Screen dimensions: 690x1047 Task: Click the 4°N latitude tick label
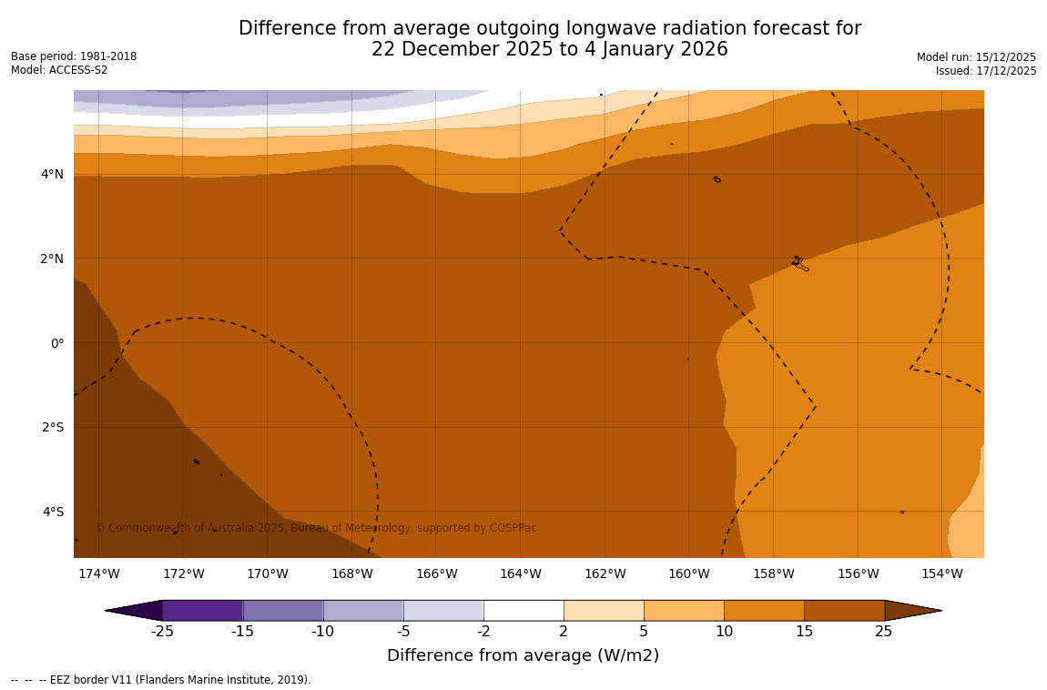pos(53,174)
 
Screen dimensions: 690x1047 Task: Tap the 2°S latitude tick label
pos(53,427)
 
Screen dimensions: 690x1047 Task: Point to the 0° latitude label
pos(56,343)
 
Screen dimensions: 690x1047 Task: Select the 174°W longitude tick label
pos(98,573)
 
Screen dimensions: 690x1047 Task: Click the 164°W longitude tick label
pos(520,573)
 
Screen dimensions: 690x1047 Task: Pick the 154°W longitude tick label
pos(941,573)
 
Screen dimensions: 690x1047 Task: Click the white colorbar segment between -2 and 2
pos(523,610)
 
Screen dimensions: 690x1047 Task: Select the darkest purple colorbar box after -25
pos(202,610)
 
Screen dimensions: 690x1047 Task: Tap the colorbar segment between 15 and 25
pos(844,610)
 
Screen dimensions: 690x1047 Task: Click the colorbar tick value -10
pos(323,632)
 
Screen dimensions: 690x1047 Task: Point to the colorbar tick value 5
pos(644,632)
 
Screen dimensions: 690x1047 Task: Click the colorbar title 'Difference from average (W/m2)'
pos(523,655)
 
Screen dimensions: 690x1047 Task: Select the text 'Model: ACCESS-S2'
pos(59,70)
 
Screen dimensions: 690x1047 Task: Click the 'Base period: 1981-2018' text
pos(74,56)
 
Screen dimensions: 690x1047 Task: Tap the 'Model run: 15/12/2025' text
pos(976,57)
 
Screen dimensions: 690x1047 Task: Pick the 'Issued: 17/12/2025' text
pos(986,71)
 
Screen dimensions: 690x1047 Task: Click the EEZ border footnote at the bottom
pos(161,680)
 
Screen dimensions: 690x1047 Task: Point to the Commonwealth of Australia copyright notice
pos(316,528)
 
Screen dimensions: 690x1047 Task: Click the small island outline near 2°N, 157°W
pos(798,263)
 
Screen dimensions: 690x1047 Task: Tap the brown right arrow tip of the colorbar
pos(913,610)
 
